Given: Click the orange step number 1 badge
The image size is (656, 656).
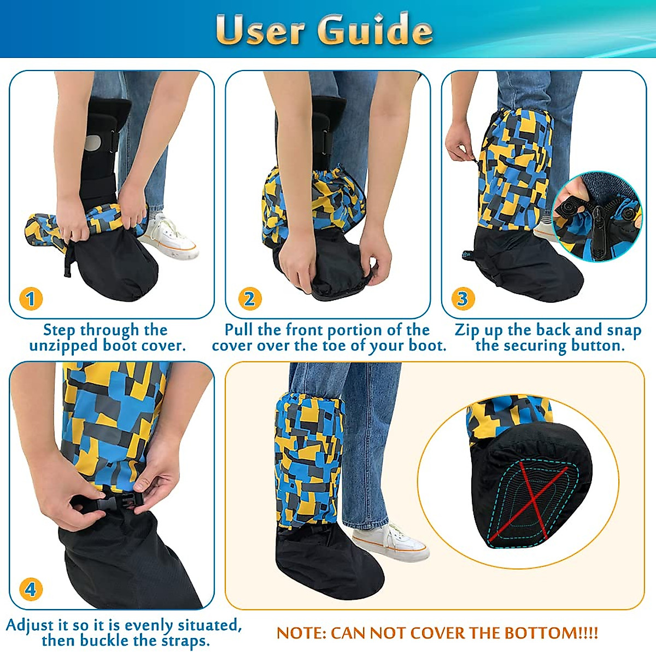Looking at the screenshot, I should tap(31, 298).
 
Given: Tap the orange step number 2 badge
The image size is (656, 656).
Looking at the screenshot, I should tap(249, 298).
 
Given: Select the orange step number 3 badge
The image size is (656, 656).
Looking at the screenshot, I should tap(462, 298).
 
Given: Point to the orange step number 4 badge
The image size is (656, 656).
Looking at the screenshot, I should tap(31, 589).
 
